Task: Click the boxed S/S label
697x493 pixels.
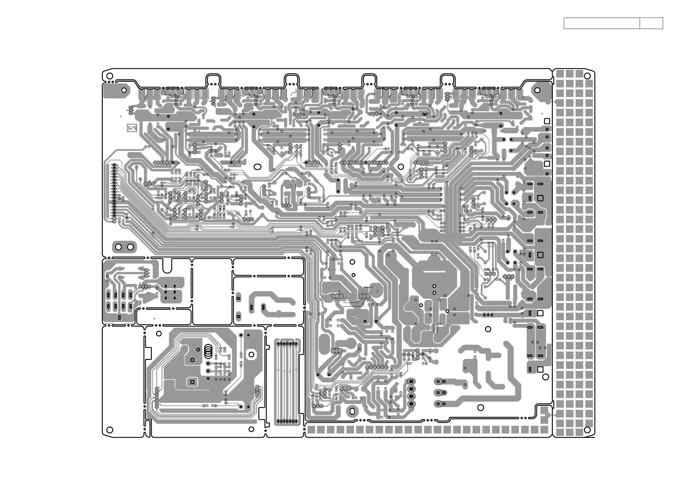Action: pyautogui.click(x=132, y=128)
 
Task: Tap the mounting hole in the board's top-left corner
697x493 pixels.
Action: pyautogui.click(x=110, y=76)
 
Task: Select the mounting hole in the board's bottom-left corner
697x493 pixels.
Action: pyautogui.click(x=110, y=429)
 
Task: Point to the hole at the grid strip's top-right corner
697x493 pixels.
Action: pyautogui.click(x=587, y=76)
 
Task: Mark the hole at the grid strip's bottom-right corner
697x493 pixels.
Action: pyautogui.click(x=587, y=429)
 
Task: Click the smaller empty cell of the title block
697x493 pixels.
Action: pyautogui.click(x=651, y=23)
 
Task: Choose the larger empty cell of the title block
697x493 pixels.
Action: pyautogui.click(x=602, y=23)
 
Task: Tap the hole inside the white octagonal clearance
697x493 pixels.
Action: pyautogui.click(x=251, y=354)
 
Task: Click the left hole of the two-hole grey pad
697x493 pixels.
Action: pyautogui.click(x=119, y=247)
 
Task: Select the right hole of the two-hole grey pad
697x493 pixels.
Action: pyautogui.click(x=130, y=247)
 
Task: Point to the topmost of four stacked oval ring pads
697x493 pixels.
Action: pyautogui.click(x=411, y=381)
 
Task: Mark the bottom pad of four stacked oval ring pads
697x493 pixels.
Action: pyautogui.click(x=411, y=404)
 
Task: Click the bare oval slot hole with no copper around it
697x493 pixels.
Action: pyautogui.click(x=257, y=167)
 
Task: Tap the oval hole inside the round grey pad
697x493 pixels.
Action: pyautogui.click(x=352, y=411)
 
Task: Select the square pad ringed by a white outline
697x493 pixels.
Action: pyautogui.click(x=192, y=382)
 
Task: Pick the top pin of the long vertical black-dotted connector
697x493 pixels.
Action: pyautogui.click(x=114, y=165)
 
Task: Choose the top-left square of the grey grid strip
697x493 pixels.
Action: pyautogui.click(x=560, y=74)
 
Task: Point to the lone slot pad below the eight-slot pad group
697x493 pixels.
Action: pyautogui.click(x=119, y=317)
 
